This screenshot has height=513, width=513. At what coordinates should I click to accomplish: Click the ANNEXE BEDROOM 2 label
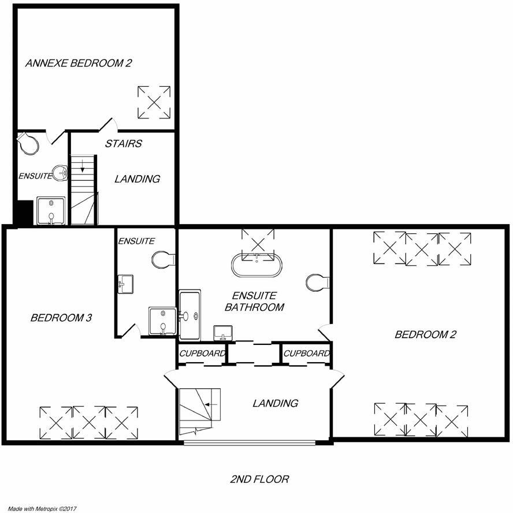click(x=78, y=63)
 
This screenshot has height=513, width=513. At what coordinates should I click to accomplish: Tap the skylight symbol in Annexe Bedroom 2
click(x=154, y=102)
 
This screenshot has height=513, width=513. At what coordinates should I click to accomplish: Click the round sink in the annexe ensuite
click(x=60, y=172)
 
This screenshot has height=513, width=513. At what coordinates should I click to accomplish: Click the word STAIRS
click(x=123, y=143)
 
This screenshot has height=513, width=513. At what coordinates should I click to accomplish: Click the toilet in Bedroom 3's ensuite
click(x=163, y=259)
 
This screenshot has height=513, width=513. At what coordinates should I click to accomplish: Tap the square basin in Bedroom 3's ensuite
click(x=125, y=284)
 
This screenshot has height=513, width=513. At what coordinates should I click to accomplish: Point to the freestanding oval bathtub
click(x=258, y=265)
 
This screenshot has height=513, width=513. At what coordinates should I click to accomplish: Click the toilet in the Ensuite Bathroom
click(x=317, y=282)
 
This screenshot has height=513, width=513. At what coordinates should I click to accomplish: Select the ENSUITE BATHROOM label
click(x=255, y=302)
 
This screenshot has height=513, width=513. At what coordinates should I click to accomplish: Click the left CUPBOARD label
click(x=202, y=354)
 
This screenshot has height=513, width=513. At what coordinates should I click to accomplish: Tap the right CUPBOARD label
click(x=306, y=354)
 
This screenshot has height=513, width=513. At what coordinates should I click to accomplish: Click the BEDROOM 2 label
click(x=422, y=334)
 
